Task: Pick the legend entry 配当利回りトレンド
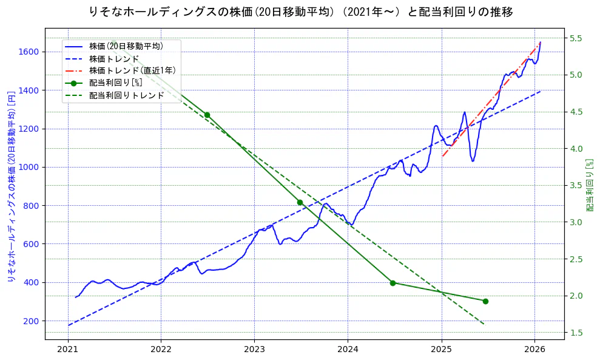(126, 95)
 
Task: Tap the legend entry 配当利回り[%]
(116, 83)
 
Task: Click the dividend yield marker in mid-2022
(207, 115)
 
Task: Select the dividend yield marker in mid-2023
(300, 202)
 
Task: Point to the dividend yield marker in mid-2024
(393, 283)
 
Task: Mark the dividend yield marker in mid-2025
(485, 301)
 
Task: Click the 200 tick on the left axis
(32, 321)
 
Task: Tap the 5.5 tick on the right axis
(576, 38)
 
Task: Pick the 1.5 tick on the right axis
(576, 333)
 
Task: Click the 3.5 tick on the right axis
(576, 185)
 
